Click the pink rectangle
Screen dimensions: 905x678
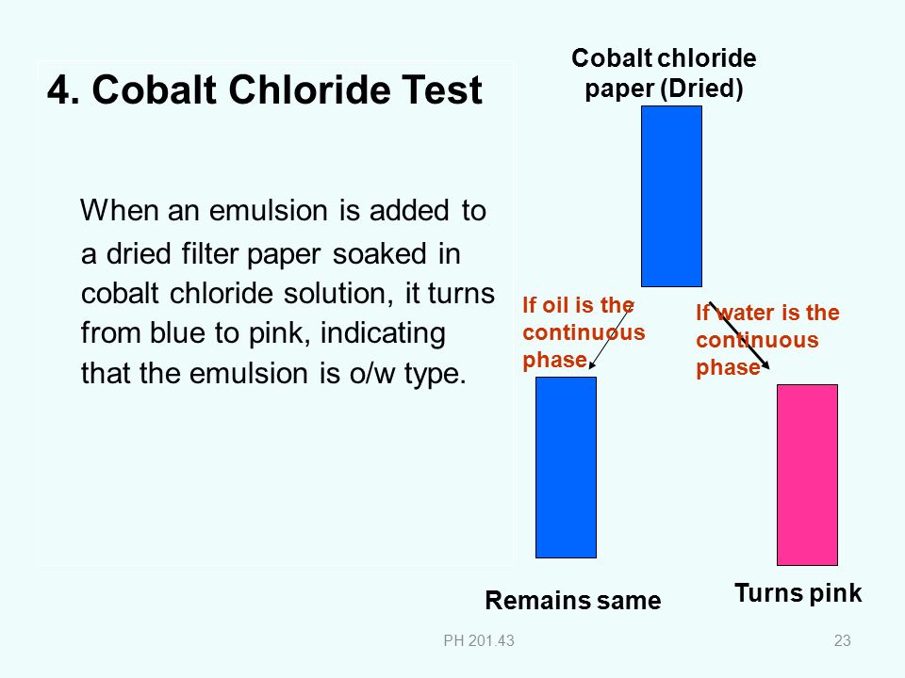[807, 475]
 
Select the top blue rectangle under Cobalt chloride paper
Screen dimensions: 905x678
[671, 196]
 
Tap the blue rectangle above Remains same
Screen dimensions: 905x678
[566, 468]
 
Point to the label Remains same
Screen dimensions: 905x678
[572, 600]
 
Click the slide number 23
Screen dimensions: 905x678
[842, 640]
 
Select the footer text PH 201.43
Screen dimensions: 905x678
[479, 640]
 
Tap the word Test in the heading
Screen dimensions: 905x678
[441, 90]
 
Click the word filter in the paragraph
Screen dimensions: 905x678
[209, 253]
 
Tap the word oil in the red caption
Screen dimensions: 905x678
[553, 305]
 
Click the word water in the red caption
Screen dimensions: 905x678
[748, 313]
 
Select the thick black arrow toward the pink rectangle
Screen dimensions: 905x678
[739, 335]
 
